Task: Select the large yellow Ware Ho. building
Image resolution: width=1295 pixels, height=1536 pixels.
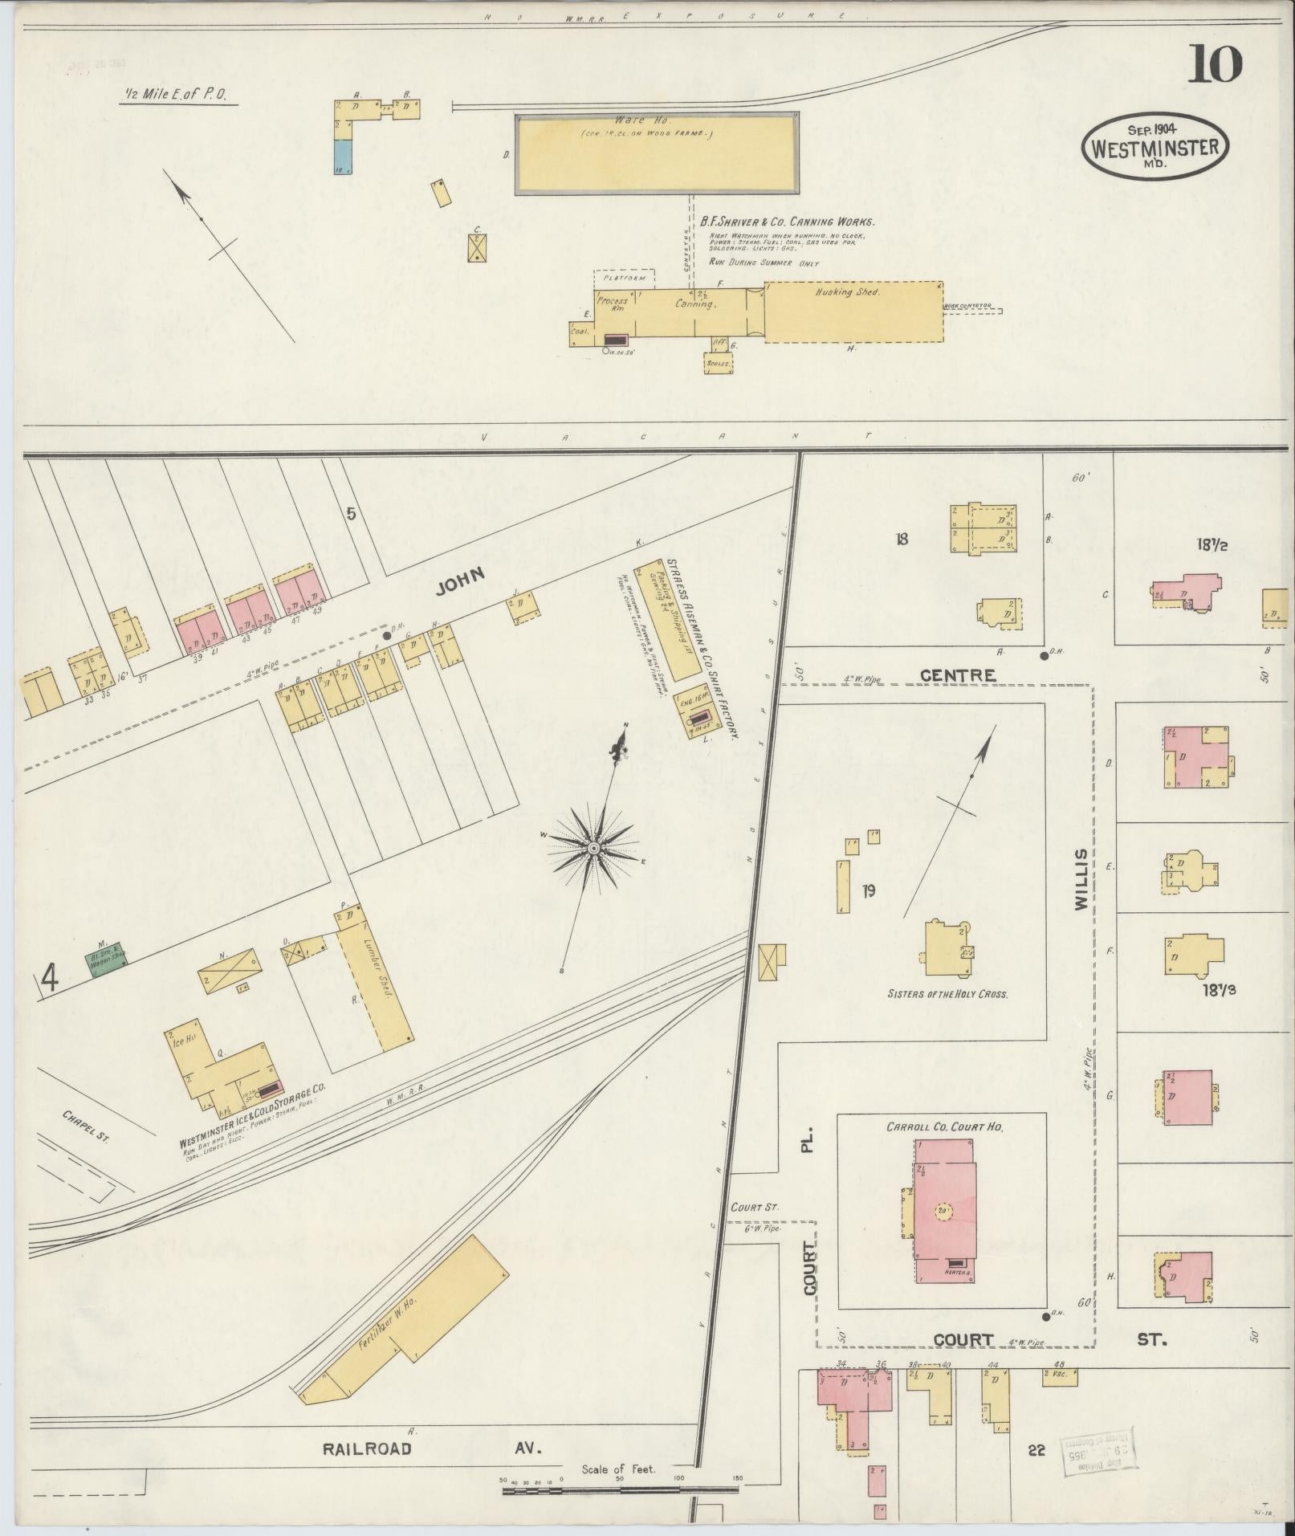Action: [657, 153]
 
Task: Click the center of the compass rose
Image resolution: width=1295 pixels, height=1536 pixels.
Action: [593, 849]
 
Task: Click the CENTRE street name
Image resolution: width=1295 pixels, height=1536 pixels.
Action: [957, 675]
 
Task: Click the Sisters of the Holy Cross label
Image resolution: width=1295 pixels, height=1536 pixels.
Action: [947, 993]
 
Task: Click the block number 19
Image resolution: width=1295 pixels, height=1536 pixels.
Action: [868, 890]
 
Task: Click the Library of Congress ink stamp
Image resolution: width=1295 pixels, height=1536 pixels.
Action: [1098, 1451]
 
